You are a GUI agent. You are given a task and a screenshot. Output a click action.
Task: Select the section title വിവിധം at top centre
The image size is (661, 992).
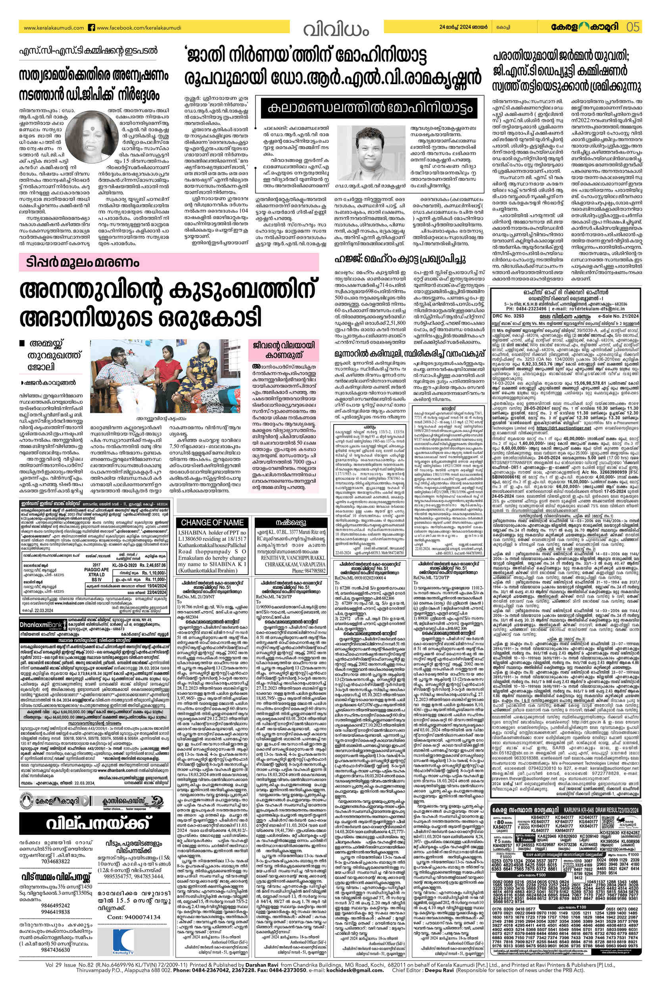tap(336, 29)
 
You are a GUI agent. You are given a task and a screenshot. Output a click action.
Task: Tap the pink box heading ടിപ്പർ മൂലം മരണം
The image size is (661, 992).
tap(80, 263)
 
